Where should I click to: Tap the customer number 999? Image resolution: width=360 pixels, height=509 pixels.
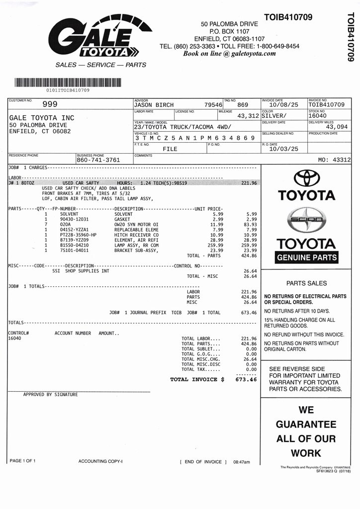coord(50,104)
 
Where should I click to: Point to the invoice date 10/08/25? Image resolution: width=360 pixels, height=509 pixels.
coord(283,105)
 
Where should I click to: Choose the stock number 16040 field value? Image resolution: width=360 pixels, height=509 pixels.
coord(318,115)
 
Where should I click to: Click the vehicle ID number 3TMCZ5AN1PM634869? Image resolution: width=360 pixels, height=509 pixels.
coord(195,138)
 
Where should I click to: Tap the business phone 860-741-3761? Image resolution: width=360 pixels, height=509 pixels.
coord(98,160)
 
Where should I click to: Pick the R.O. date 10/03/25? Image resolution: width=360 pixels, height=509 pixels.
coord(283,149)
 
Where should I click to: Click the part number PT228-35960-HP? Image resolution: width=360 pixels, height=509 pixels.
coord(78,235)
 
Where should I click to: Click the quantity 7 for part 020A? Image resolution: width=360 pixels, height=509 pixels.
coord(46,224)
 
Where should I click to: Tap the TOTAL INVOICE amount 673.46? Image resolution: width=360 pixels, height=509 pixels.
coord(246,379)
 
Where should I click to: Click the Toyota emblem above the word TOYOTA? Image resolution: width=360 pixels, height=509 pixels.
coord(307,178)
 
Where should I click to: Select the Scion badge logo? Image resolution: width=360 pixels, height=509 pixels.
coord(307,219)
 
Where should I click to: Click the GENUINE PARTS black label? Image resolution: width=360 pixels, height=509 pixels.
coord(307,257)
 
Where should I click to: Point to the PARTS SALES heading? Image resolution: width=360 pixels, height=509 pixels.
coord(307,283)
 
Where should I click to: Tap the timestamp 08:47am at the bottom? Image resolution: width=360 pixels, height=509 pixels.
coord(242,462)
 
